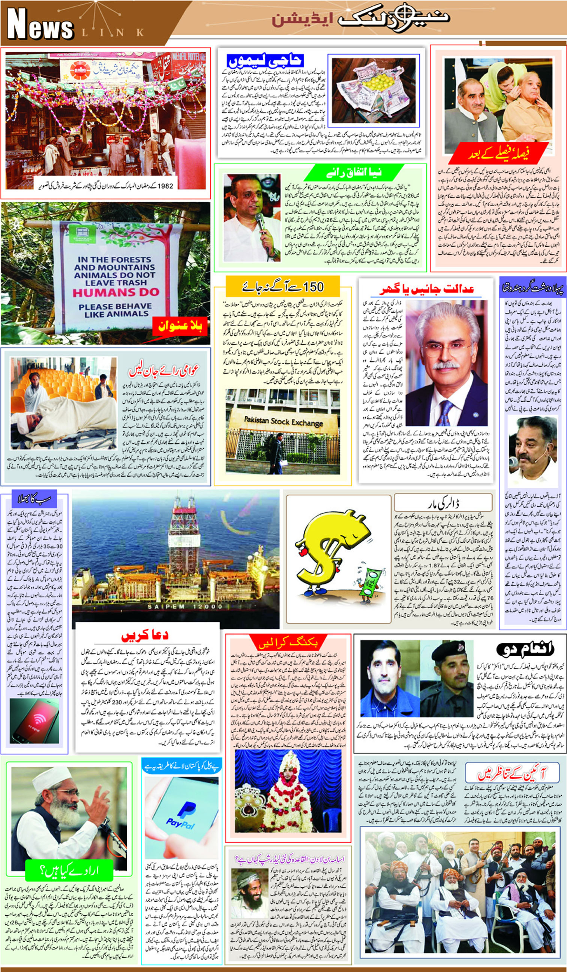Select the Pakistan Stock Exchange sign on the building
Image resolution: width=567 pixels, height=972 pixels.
(283, 421)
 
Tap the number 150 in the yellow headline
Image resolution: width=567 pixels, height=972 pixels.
(313, 287)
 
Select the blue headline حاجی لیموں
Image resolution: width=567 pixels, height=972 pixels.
(265, 60)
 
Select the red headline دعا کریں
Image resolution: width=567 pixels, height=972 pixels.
(145, 635)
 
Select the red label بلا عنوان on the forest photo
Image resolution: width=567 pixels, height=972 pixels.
(180, 327)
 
